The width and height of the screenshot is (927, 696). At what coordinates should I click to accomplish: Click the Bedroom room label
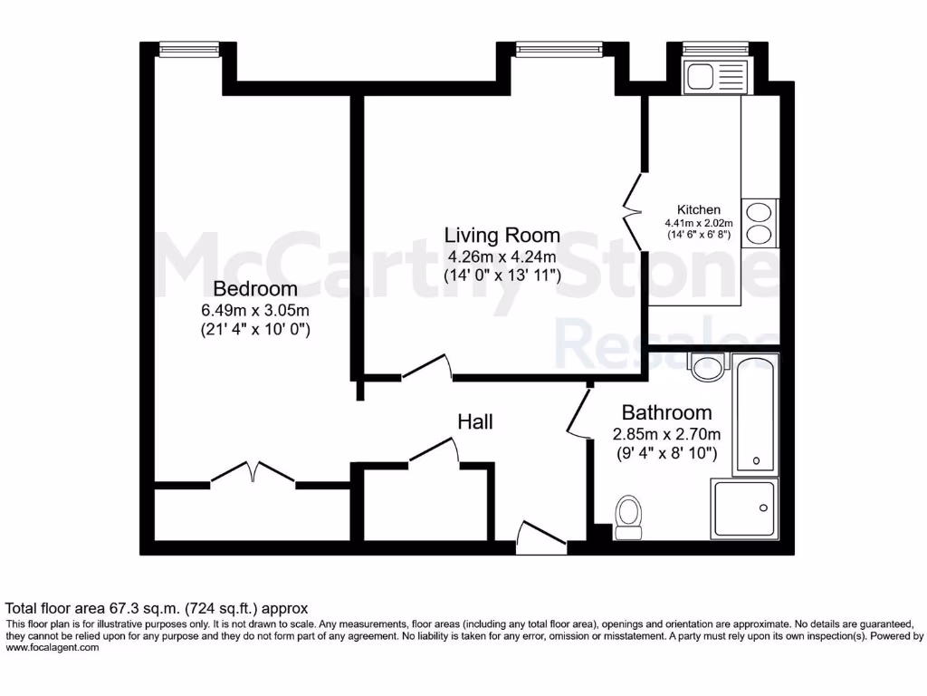coord(254,289)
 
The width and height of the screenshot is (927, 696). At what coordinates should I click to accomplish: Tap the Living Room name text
coord(502,236)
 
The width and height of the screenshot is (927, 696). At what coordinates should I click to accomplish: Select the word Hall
coord(474,421)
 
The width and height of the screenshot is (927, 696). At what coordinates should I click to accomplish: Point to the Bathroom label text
coord(666,412)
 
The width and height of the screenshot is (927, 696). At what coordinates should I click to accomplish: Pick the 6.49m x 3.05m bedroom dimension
coord(254,310)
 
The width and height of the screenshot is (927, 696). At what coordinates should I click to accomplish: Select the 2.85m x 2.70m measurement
coord(666,433)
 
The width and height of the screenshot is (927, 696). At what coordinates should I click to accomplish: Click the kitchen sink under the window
coord(715,77)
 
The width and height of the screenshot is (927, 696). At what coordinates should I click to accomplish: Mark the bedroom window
coord(188,49)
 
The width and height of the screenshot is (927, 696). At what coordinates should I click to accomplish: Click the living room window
coord(559,49)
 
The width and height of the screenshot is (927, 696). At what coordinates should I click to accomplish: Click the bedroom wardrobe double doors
coord(254,473)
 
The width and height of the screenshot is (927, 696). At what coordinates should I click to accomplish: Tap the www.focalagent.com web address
coord(53,648)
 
